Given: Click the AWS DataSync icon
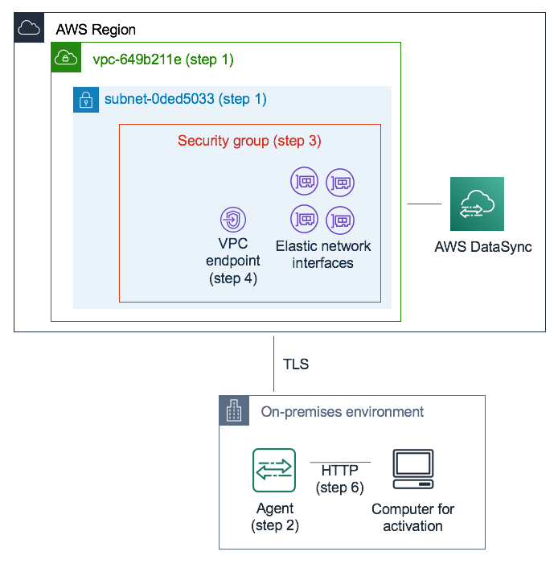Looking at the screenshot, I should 477,204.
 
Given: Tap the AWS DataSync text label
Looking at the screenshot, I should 482,247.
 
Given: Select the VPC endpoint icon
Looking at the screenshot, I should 232,219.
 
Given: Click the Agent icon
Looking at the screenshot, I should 274,470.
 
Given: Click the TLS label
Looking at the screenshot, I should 295,364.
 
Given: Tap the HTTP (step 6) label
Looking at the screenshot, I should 341,479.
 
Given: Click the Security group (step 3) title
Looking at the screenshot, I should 249,141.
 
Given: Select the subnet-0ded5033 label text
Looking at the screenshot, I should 185,100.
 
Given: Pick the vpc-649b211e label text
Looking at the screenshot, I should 163,59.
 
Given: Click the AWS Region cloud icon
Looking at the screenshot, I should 29,28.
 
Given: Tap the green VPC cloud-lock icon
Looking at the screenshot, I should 65,58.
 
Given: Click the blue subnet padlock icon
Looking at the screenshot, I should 86,100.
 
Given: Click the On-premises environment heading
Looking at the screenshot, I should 343,412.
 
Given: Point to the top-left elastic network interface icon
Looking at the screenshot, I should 304,183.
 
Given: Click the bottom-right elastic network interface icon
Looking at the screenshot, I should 340,218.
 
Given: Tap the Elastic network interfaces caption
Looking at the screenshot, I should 323,254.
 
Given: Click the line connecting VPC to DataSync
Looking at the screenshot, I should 425,204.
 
